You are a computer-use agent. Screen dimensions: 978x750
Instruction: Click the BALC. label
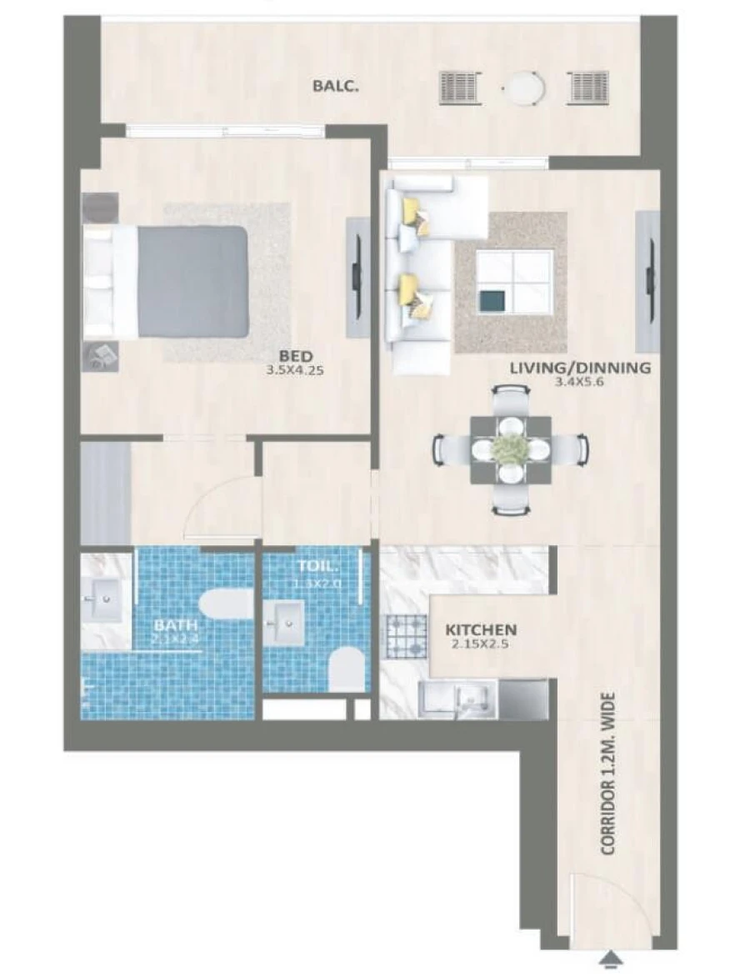(336, 86)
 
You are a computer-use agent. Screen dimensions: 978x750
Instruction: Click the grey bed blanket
(193, 281)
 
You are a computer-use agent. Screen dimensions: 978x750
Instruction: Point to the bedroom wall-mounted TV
(357, 277)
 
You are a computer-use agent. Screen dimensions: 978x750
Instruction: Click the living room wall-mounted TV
(647, 281)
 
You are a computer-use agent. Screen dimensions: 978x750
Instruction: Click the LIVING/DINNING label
(580, 368)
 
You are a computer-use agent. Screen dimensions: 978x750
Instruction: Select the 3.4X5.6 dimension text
(580, 383)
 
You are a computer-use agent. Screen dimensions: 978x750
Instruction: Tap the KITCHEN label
(481, 629)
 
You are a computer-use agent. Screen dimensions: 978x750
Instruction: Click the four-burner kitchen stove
(404, 635)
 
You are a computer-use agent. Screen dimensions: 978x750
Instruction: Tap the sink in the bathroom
(107, 597)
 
